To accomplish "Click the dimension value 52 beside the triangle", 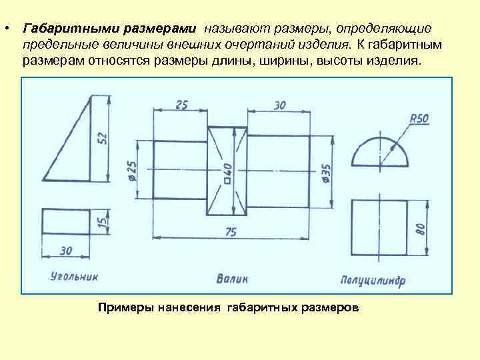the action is [x=102, y=138].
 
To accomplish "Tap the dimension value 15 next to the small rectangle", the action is [x=101, y=221].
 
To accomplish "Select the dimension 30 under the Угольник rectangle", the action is [x=65, y=250].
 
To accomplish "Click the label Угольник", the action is [x=73, y=275].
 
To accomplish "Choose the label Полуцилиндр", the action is [x=373, y=279].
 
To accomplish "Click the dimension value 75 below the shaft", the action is [x=231, y=232].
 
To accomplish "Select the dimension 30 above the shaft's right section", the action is [x=279, y=105].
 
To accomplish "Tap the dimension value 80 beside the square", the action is [x=420, y=229].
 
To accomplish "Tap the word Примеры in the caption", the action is [x=124, y=307].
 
